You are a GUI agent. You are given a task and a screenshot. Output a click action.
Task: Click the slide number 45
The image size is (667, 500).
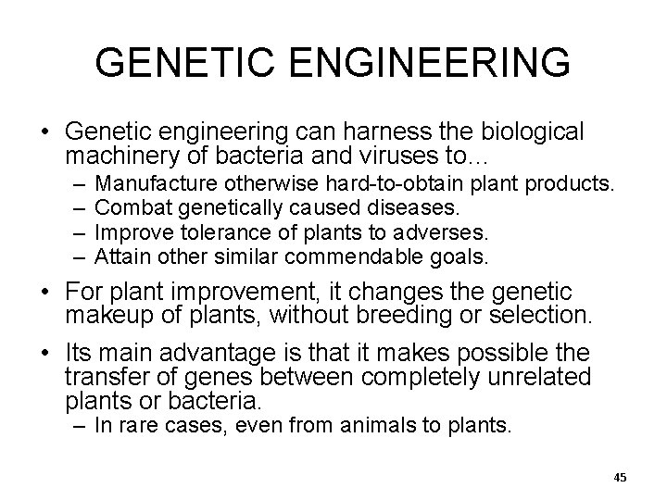[x=620, y=477]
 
